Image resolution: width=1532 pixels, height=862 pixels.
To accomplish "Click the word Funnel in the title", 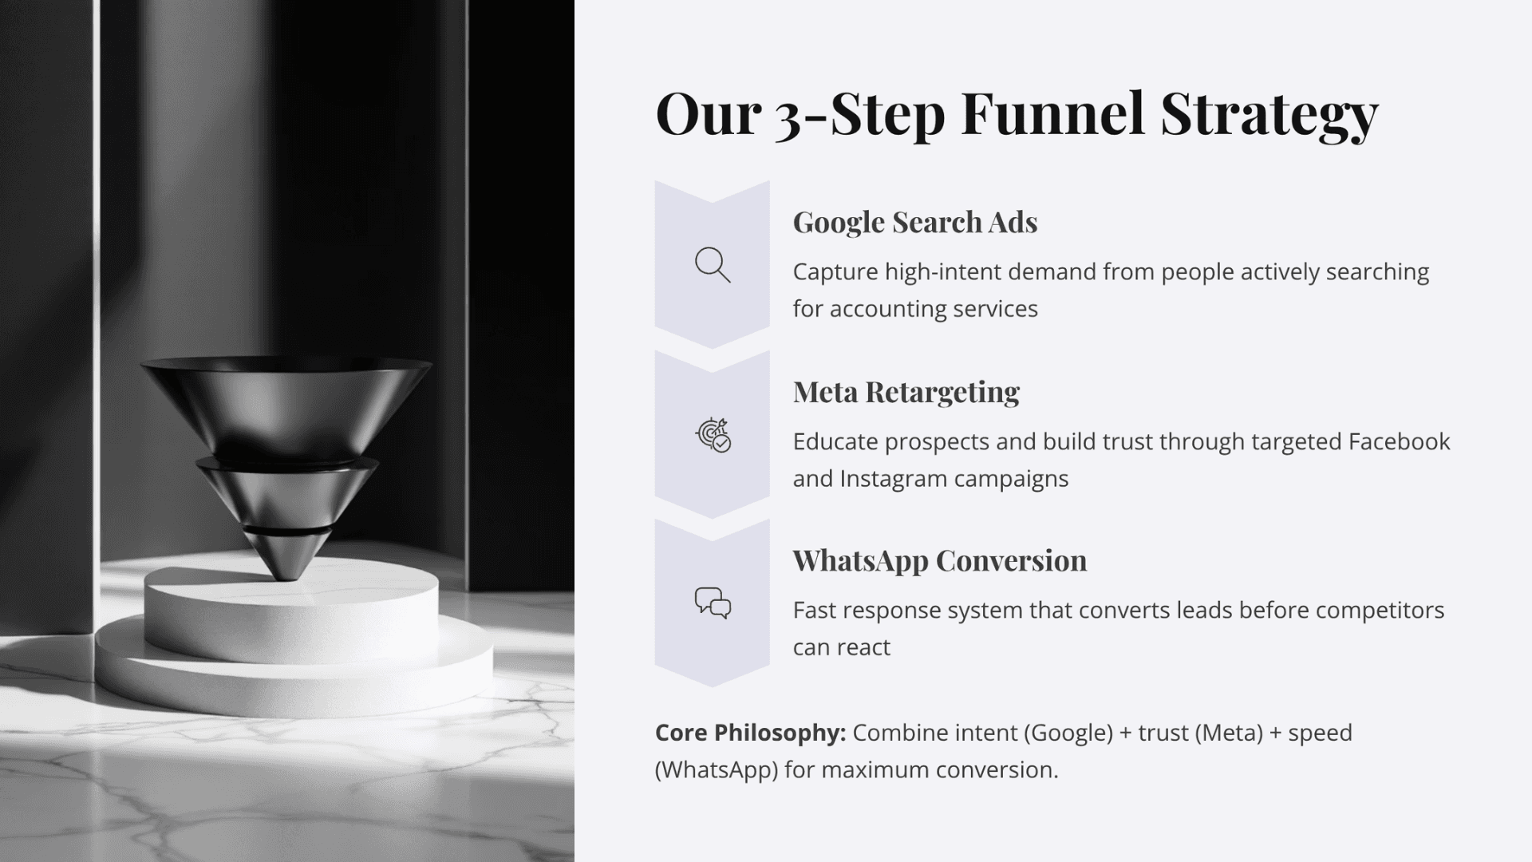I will [1052, 113].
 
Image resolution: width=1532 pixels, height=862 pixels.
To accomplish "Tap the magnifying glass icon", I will [713, 265].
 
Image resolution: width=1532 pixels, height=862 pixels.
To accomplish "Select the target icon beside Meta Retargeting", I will [713, 435].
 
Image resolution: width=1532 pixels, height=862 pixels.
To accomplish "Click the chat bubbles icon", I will [713, 603].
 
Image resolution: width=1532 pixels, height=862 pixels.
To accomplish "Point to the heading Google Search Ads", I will [914, 222].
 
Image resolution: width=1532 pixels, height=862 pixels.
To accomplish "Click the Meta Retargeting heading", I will [906, 392].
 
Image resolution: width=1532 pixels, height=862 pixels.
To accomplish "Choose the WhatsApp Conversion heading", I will [939, 560].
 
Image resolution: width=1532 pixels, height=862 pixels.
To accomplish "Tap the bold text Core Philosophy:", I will [750, 733].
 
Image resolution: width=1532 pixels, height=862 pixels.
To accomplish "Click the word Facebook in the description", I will [1399, 441].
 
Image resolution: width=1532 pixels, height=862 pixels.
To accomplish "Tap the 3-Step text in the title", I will [860, 113].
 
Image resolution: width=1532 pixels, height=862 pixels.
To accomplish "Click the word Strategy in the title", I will [1269, 113].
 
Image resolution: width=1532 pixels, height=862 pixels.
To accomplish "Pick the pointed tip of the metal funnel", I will [286, 571].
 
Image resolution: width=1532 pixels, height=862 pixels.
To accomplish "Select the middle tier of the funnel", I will [286, 491].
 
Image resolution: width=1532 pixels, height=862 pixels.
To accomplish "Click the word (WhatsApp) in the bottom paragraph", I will [716, 770].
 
